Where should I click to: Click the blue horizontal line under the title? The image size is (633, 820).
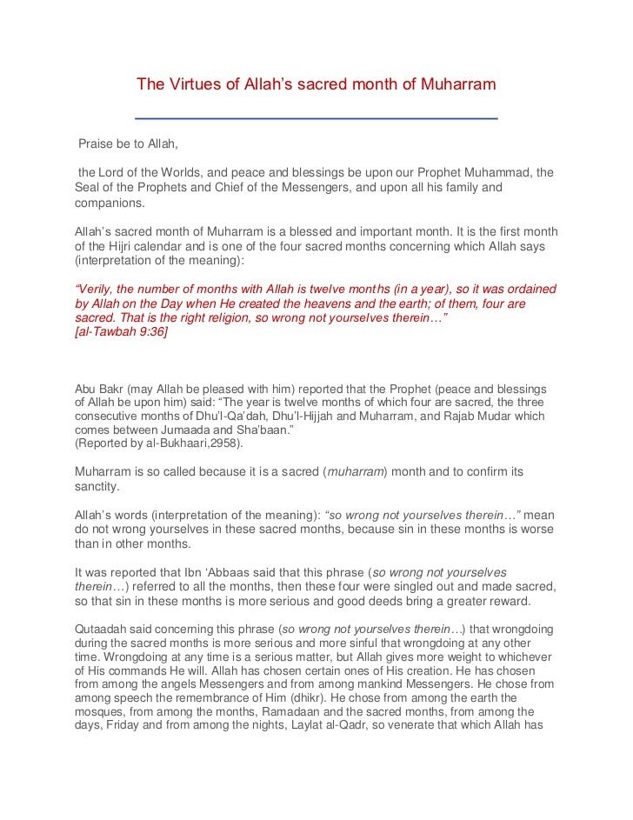[316, 118]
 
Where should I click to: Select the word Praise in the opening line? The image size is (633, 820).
[98, 143]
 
